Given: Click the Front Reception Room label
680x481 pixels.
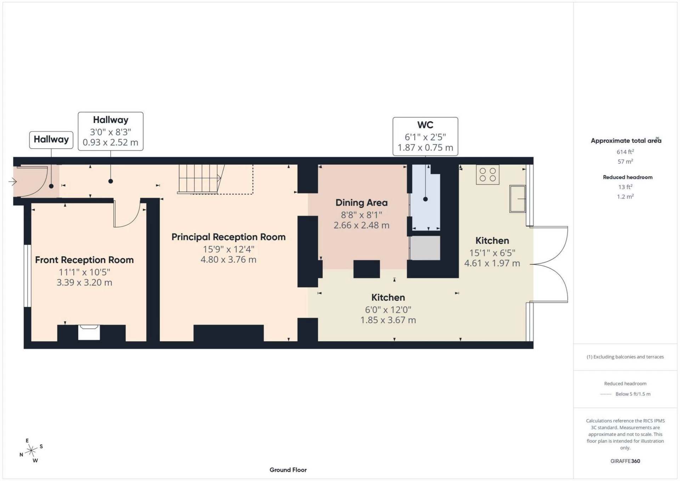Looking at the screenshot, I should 84,260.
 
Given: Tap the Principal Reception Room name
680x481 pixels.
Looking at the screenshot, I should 228,237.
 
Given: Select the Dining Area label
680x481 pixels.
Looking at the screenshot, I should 361,203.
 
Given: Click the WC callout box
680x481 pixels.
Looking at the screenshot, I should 425,137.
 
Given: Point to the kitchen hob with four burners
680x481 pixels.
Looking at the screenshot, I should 487,175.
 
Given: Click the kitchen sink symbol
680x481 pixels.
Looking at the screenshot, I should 517,199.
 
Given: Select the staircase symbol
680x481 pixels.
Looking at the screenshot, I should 200,179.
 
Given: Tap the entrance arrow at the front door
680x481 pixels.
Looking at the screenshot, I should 13,182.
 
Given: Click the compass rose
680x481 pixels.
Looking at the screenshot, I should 32,451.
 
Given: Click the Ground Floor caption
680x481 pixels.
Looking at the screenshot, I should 288,470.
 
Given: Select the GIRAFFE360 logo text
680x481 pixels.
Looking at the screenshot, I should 625,461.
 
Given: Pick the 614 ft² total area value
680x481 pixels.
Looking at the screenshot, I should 625,152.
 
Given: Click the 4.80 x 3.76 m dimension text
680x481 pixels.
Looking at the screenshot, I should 228,260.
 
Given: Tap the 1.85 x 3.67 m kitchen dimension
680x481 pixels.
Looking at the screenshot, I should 388,320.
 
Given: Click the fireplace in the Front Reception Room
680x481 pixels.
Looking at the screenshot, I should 89,333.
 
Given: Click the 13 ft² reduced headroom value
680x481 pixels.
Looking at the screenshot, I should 625,187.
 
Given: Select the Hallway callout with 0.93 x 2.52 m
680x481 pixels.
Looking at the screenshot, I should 110,131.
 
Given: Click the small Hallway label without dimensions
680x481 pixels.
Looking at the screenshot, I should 51,140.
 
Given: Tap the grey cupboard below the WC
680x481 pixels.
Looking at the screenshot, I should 425,248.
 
